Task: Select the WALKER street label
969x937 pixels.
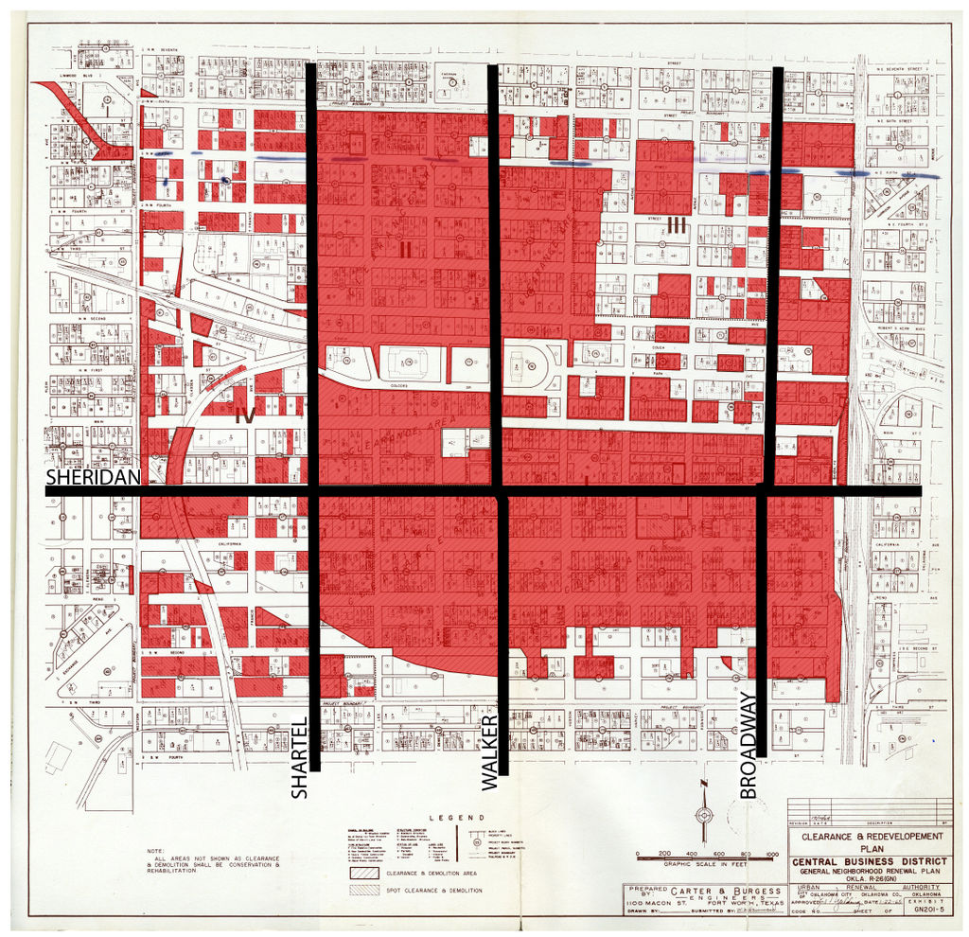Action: coord(489,752)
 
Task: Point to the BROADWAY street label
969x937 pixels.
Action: coord(749,746)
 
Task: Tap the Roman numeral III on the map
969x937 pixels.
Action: coord(676,224)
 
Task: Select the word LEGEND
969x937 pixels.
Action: coord(456,817)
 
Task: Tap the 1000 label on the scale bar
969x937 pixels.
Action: coord(771,854)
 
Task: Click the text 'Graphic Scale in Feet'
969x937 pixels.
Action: coord(704,864)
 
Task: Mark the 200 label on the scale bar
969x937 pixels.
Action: coord(664,854)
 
